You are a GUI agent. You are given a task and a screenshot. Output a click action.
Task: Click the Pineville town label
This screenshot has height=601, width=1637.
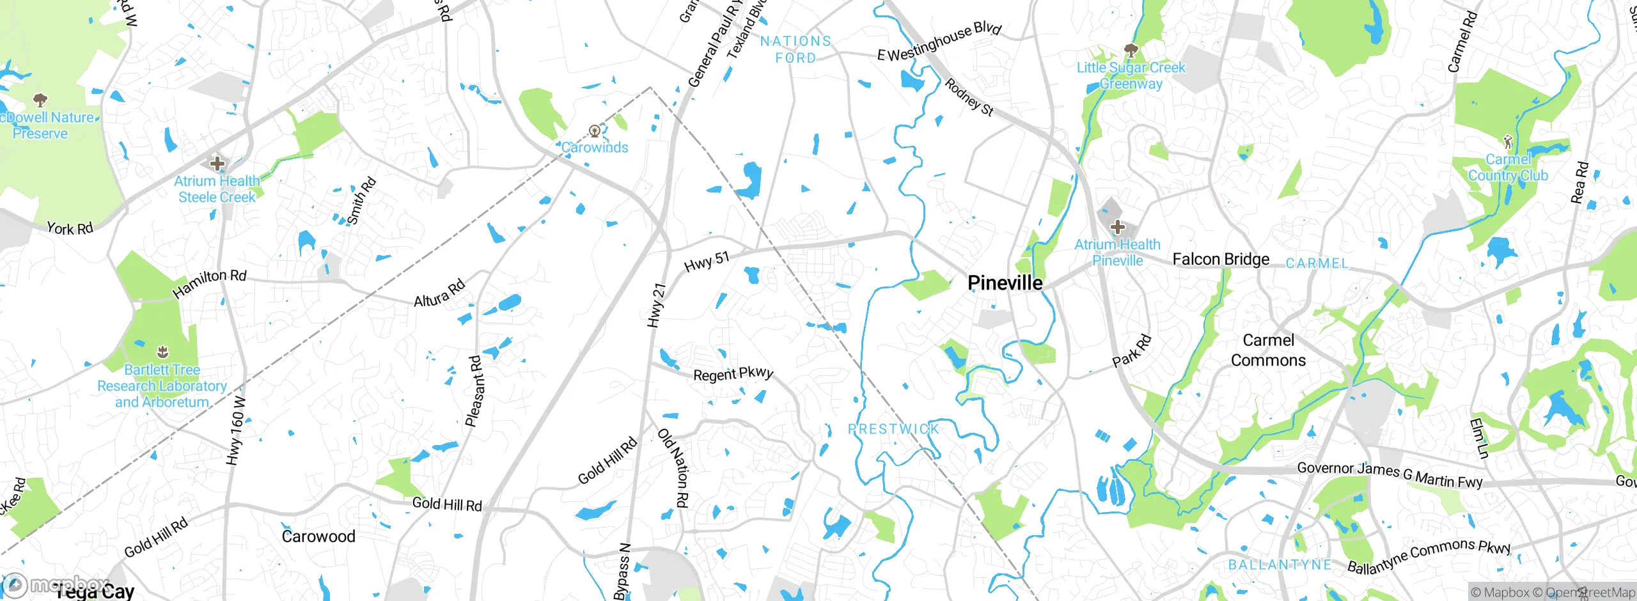click(1005, 283)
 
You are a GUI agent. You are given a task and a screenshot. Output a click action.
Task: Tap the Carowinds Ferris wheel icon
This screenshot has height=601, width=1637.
click(595, 132)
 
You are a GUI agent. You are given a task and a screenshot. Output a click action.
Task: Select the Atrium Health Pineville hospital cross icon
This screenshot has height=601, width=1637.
click(1117, 227)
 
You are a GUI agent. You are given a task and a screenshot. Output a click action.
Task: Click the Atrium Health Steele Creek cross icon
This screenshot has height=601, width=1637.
click(217, 164)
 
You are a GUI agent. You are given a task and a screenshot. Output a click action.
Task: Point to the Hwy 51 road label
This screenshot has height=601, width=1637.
click(706, 261)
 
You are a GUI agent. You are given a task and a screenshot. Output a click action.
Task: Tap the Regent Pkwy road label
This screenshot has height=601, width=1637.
click(733, 373)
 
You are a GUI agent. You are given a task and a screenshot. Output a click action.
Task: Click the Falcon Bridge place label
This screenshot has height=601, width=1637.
click(1221, 259)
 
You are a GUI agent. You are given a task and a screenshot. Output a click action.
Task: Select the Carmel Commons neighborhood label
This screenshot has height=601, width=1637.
click(1268, 350)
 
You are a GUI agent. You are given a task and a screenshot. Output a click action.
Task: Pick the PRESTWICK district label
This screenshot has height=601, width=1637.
click(893, 429)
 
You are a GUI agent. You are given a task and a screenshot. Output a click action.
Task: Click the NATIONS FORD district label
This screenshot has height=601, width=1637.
click(795, 49)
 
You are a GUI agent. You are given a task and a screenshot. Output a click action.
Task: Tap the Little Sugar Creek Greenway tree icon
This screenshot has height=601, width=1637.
click(1131, 51)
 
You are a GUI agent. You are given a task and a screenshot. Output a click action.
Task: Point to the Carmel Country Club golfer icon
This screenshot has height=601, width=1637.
click(1508, 141)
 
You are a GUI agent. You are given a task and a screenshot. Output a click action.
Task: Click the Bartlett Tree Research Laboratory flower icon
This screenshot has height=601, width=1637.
click(162, 352)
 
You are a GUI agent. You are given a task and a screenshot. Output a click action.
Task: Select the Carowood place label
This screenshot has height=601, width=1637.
click(318, 536)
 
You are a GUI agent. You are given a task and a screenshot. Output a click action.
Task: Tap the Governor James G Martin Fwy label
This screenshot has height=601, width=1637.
click(1389, 475)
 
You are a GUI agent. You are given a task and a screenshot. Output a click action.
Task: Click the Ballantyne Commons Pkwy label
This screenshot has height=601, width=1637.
click(1429, 555)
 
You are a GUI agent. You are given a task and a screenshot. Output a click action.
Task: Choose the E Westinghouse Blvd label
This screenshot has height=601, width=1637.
click(939, 41)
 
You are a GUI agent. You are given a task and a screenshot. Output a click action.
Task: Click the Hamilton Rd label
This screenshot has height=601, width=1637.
click(209, 283)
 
